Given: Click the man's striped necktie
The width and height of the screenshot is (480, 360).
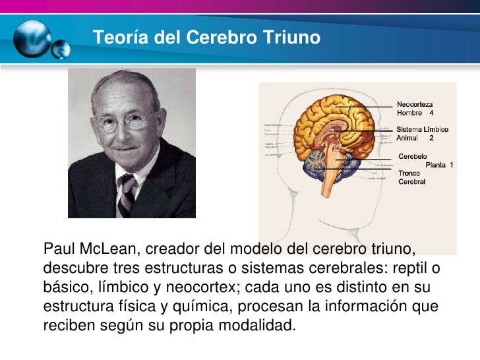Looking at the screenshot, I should click(x=127, y=193).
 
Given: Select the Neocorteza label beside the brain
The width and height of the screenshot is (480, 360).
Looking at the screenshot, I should click(x=415, y=104).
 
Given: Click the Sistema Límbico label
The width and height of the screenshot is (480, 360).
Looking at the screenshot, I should click(x=422, y=129).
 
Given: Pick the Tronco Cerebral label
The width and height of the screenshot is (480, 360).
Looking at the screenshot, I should click(x=412, y=177).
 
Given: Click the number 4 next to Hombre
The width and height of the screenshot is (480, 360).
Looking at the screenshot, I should click(x=431, y=113).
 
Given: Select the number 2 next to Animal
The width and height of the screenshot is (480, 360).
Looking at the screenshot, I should click(x=431, y=138).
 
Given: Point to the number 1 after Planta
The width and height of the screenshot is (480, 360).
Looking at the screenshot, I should click(x=452, y=165).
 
